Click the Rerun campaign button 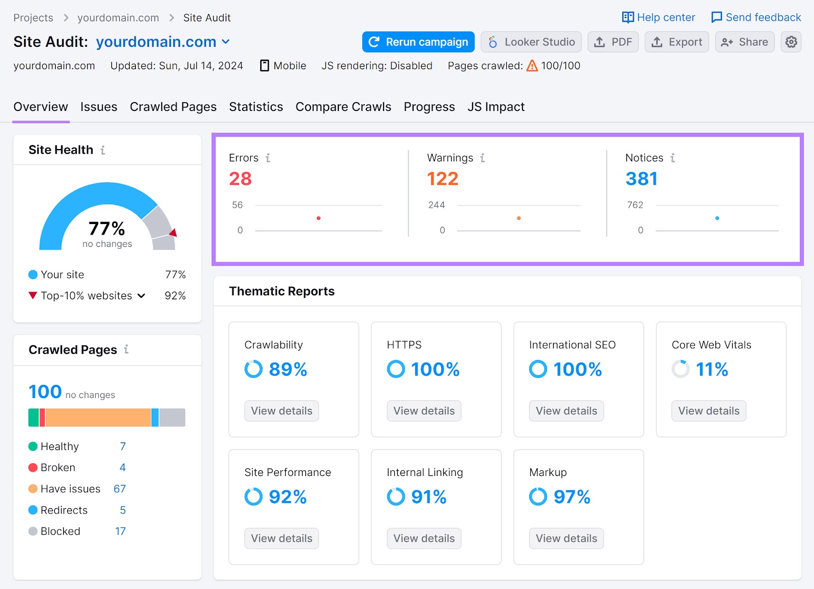418,42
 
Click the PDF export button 613,42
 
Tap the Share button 744,42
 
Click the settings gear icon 791,42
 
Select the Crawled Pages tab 173,107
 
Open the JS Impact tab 496,107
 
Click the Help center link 658,17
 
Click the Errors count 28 240,179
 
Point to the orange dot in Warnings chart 518,218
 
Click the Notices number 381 641,179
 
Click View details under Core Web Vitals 708,411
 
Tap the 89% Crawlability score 287,369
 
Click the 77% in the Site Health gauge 107,228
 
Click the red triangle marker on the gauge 173,233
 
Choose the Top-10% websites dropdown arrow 141,296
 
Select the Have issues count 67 120,489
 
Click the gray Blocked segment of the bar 172,417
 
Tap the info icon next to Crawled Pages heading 126,349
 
